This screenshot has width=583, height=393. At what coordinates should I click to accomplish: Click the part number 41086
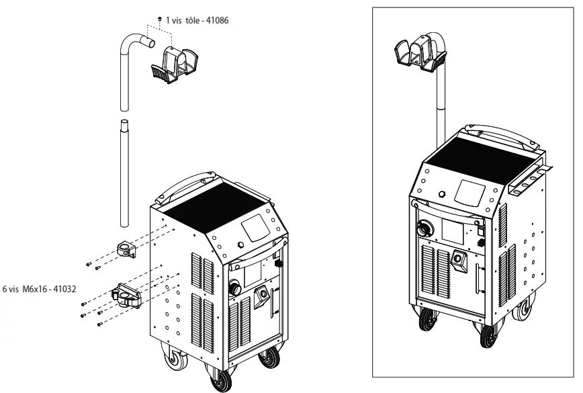216,21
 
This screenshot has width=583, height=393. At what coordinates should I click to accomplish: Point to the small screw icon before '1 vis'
159,20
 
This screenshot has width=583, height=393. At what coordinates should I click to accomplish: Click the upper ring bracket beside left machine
126,249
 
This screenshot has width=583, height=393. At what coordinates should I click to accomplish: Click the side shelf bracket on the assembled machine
531,176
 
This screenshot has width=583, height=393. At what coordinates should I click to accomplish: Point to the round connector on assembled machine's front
425,227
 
